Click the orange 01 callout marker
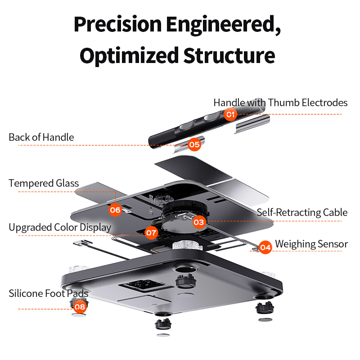[230, 114]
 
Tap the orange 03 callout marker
[199, 221]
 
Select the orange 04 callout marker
[265, 247]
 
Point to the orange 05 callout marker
[194, 144]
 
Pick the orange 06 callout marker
[115, 210]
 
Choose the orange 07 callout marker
[151, 233]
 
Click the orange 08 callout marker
[80, 307]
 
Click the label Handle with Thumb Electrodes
[280, 103]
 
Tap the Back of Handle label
[41, 137]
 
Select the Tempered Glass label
[44, 183]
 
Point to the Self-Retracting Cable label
[302, 212]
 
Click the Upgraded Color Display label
[60, 227]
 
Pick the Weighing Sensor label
[311, 244]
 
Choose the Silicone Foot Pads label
[49, 294]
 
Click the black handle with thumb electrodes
[180, 128]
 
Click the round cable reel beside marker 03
[180, 220]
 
